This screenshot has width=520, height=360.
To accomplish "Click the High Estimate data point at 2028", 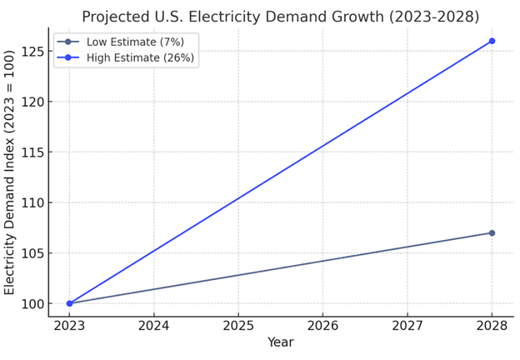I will pos(492,41).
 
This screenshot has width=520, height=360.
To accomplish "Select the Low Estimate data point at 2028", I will pos(492,232).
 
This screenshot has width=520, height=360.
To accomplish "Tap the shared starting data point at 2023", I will pos(69,303).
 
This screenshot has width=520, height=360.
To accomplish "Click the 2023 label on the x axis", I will pos(69,325).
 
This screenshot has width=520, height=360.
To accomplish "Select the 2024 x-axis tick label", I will pos(153,325).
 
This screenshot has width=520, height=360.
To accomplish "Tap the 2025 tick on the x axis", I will pos(238,325).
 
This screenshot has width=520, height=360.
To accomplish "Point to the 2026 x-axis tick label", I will pos(322,325).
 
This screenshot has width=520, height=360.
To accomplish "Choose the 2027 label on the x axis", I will pos(407,325).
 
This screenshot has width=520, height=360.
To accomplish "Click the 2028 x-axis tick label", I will pos(492,325).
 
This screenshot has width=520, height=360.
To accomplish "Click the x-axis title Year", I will pos(280,342).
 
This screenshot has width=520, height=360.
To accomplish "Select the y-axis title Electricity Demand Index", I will pos(10,172).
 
